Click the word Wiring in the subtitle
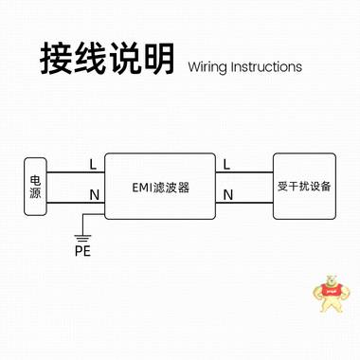(211, 67)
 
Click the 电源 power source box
(36, 187)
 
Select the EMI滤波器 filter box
(157, 187)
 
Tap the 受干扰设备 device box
(303, 186)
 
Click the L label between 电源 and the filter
(92, 164)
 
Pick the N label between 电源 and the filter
(92, 195)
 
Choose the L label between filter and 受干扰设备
(227, 164)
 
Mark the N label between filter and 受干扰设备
(227, 195)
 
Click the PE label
(81, 251)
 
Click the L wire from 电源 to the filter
(76, 173)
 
